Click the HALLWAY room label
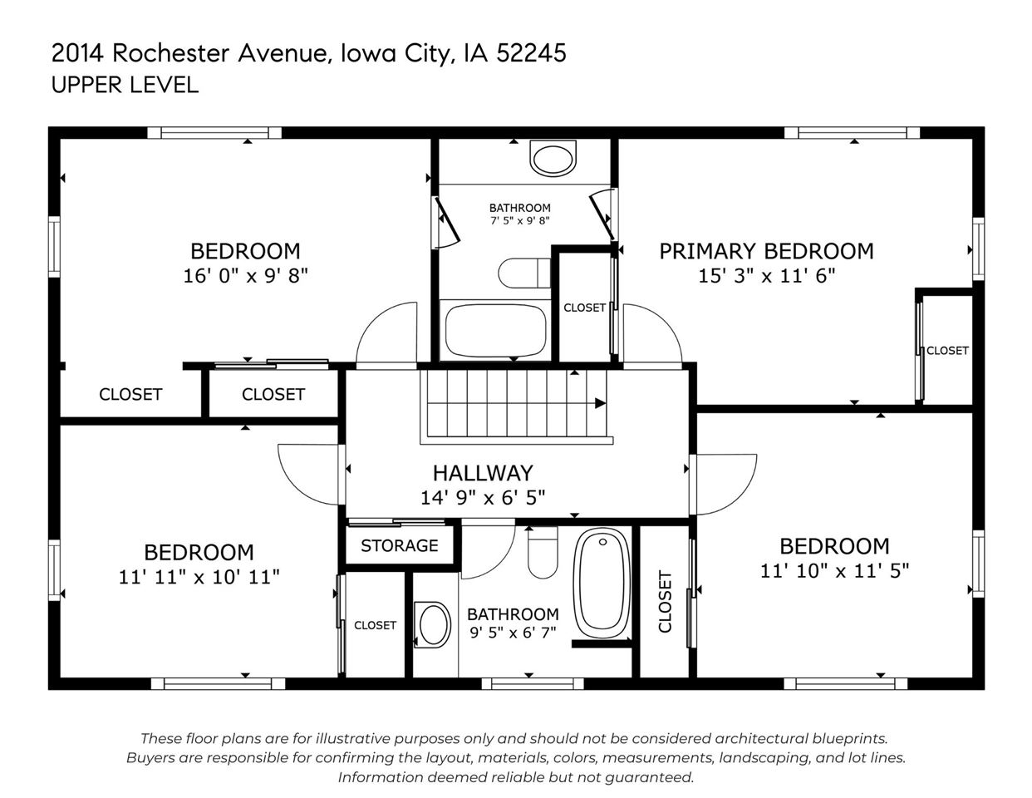click(x=482, y=473)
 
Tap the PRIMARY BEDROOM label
click(x=766, y=251)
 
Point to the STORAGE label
click(x=399, y=546)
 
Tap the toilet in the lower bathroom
click(x=543, y=552)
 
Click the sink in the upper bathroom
click(x=553, y=158)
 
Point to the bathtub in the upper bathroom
click(x=495, y=330)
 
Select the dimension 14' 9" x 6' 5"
click(x=482, y=497)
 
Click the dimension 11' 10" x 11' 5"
click(x=834, y=571)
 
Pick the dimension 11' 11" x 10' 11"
click(x=199, y=577)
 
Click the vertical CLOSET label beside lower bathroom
click(x=665, y=601)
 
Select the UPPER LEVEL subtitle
click(x=125, y=85)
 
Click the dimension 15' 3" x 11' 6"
click(x=766, y=276)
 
